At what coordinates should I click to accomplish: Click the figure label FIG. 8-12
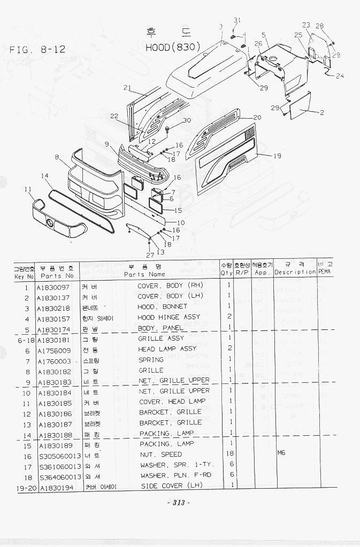(x=37, y=50)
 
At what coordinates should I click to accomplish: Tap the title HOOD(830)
(x=173, y=47)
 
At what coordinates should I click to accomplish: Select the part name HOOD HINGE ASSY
(x=168, y=317)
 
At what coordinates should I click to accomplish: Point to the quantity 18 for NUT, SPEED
(x=229, y=454)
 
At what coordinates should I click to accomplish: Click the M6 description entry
(x=281, y=453)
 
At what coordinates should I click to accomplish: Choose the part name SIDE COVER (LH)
(x=169, y=486)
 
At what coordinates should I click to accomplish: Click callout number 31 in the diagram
(x=238, y=20)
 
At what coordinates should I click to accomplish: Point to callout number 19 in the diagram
(x=277, y=156)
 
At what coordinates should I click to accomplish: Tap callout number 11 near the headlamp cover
(x=28, y=189)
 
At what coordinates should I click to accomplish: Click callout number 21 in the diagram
(x=127, y=88)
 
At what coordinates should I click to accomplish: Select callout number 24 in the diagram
(x=340, y=75)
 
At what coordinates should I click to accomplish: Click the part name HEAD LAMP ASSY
(x=167, y=349)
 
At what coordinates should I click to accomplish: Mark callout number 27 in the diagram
(x=150, y=256)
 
